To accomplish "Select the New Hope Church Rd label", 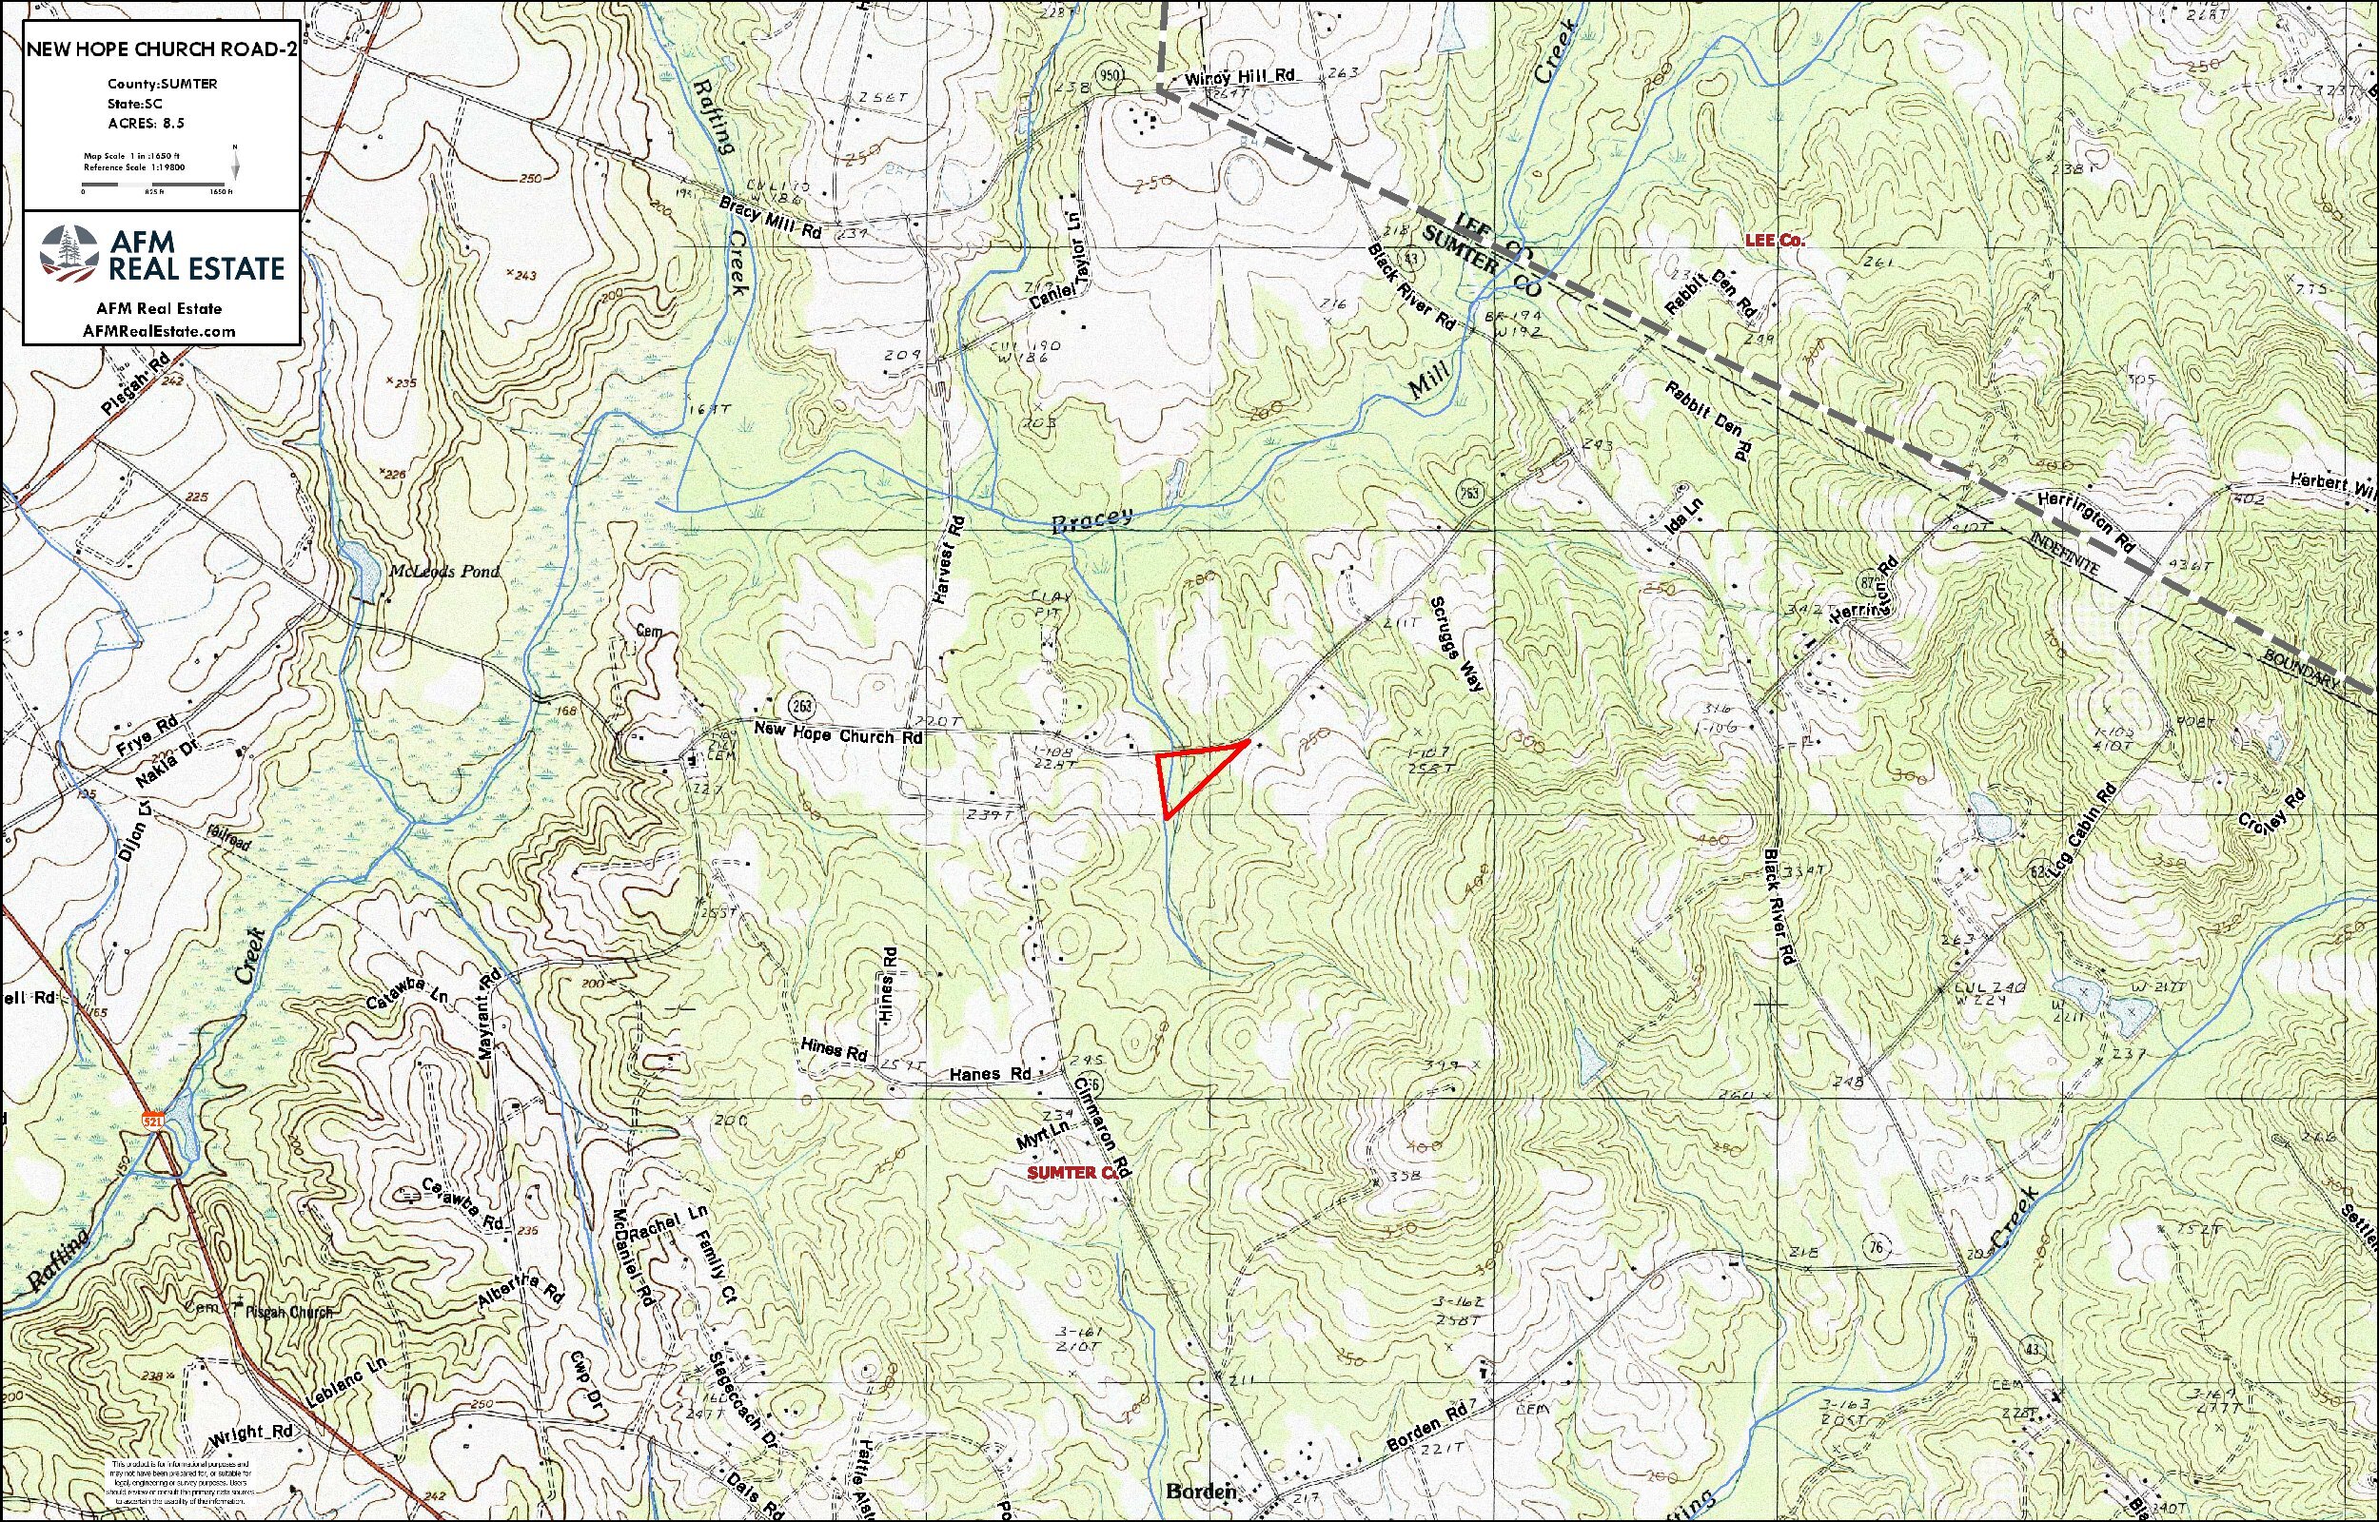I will coord(838,736).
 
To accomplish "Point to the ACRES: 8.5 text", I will coord(147,124).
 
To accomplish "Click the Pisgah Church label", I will coord(287,1312).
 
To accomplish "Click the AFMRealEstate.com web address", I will coord(161,331).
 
